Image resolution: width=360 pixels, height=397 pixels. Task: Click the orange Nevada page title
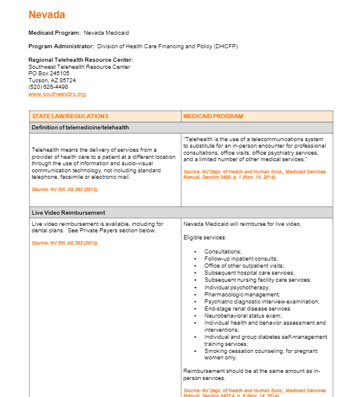[x=47, y=15]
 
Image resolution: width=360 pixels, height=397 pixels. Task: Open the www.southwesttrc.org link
[x=57, y=94]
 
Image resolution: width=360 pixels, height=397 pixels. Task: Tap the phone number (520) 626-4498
[x=48, y=87]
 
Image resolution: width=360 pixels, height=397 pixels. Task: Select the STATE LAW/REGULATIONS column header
[x=70, y=116]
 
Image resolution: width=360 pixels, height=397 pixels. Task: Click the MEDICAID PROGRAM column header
[x=213, y=116]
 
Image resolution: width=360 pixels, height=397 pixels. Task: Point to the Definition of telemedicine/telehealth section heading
[x=80, y=127]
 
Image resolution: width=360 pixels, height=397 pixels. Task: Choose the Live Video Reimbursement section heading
[x=68, y=212]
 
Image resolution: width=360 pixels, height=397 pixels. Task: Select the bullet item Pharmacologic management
[x=234, y=295]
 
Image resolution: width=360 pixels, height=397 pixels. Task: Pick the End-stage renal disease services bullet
[x=247, y=309]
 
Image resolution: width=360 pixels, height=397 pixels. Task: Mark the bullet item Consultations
[x=223, y=252]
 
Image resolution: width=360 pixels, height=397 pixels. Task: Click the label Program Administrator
[x=61, y=46]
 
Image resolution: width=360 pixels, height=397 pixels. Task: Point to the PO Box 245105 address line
[x=49, y=74]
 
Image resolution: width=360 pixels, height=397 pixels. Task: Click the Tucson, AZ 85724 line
[x=52, y=80]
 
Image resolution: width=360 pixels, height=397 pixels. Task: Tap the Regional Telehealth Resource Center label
[x=81, y=60]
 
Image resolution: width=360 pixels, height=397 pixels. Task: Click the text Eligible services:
[x=205, y=238]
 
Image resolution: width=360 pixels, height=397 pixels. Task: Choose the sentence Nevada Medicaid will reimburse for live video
[x=242, y=224]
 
